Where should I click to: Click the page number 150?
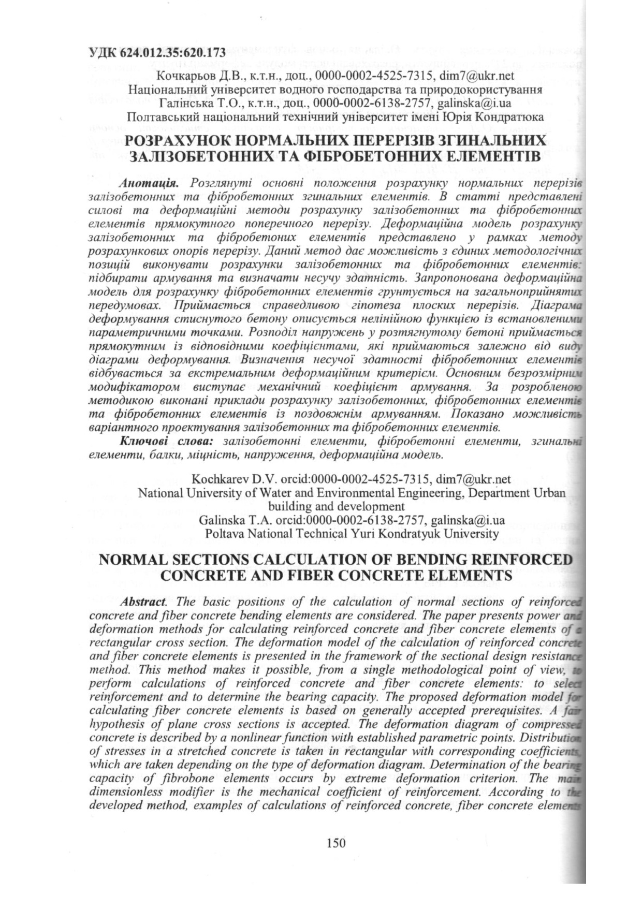(336, 843)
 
